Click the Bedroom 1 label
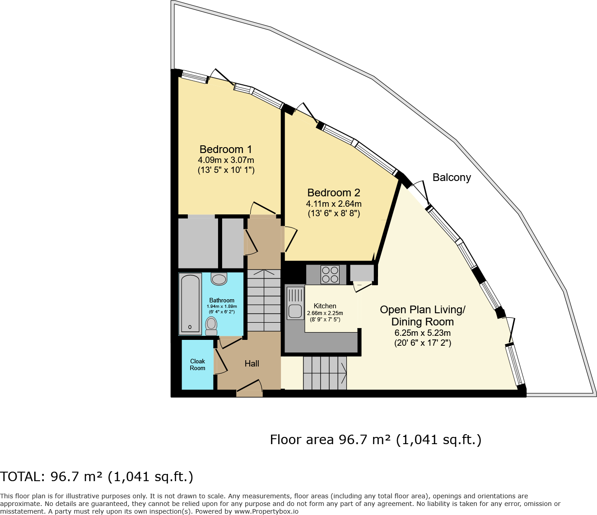(x=226, y=149)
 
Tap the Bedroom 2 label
(x=334, y=193)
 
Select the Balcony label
(x=452, y=177)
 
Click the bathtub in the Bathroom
(x=190, y=303)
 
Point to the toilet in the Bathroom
(x=211, y=325)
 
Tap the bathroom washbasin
(x=219, y=279)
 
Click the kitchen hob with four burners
(x=330, y=274)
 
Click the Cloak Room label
(x=197, y=365)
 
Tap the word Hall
(x=252, y=363)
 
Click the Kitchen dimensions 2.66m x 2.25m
(x=325, y=313)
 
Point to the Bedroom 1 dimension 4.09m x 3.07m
(x=226, y=160)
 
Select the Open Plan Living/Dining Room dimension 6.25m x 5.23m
(x=423, y=333)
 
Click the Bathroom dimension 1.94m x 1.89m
(x=222, y=306)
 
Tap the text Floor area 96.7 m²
(x=330, y=440)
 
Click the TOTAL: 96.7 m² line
(x=97, y=477)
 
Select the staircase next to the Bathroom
(x=264, y=301)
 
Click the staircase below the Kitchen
(x=325, y=373)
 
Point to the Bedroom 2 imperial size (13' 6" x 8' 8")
(x=334, y=213)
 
